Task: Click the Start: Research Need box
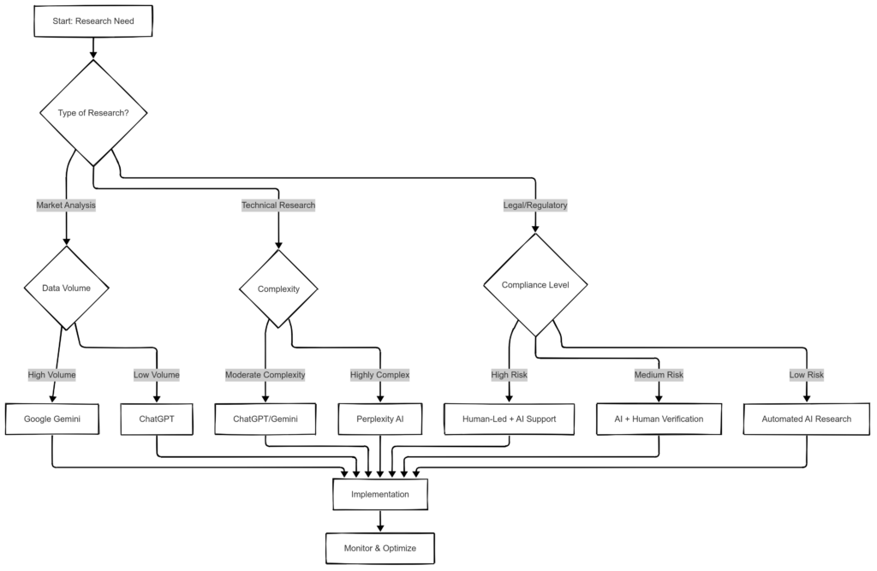pyautogui.click(x=92, y=21)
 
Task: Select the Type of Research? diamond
pyautogui.click(x=92, y=113)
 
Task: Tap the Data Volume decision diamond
pyautogui.click(x=66, y=288)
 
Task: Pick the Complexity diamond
pyautogui.click(x=279, y=288)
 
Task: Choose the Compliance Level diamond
pyautogui.click(x=535, y=284)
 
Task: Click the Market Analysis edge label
pyautogui.click(x=66, y=205)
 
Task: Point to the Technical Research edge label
pyautogui.click(x=278, y=205)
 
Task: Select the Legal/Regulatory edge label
pyautogui.click(x=535, y=205)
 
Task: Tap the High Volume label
pyautogui.click(x=52, y=374)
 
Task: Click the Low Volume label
pyautogui.click(x=157, y=374)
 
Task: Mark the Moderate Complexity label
pyautogui.click(x=265, y=374)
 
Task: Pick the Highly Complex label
pyautogui.click(x=380, y=374)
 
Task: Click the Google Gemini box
pyautogui.click(x=52, y=419)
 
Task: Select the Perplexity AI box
pyautogui.click(x=380, y=419)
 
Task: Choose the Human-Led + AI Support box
pyautogui.click(x=510, y=419)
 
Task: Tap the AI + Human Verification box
pyautogui.click(x=659, y=419)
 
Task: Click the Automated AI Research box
pyautogui.click(x=807, y=419)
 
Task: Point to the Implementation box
pyautogui.click(x=380, y=494)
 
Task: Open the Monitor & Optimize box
pyautogui.click(x=380, y=548)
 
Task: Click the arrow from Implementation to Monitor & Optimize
pyautogui.click(x=380, y=521)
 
